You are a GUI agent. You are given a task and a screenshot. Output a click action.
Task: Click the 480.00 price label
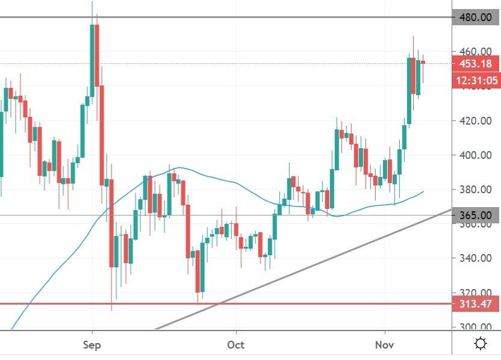475,17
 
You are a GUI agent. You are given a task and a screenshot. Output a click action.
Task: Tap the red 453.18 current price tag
475,63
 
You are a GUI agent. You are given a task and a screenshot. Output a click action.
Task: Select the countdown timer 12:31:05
475,80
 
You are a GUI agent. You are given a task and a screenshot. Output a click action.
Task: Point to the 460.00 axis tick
475,51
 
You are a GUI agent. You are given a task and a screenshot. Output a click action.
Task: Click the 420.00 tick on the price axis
475,120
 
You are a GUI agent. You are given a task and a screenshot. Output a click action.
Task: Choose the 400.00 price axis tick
475,155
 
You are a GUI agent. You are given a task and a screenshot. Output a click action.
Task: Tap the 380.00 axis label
475,190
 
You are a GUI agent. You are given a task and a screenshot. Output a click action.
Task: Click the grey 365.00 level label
475,215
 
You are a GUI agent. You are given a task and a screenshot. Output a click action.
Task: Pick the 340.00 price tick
475,258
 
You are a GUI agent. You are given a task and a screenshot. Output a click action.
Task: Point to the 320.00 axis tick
475,293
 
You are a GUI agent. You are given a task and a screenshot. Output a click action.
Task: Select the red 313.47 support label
475,304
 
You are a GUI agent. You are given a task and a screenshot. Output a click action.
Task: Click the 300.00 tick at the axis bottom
475,327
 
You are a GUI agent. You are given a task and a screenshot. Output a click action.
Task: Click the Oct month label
236,345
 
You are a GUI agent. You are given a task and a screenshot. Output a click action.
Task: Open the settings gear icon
481,344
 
